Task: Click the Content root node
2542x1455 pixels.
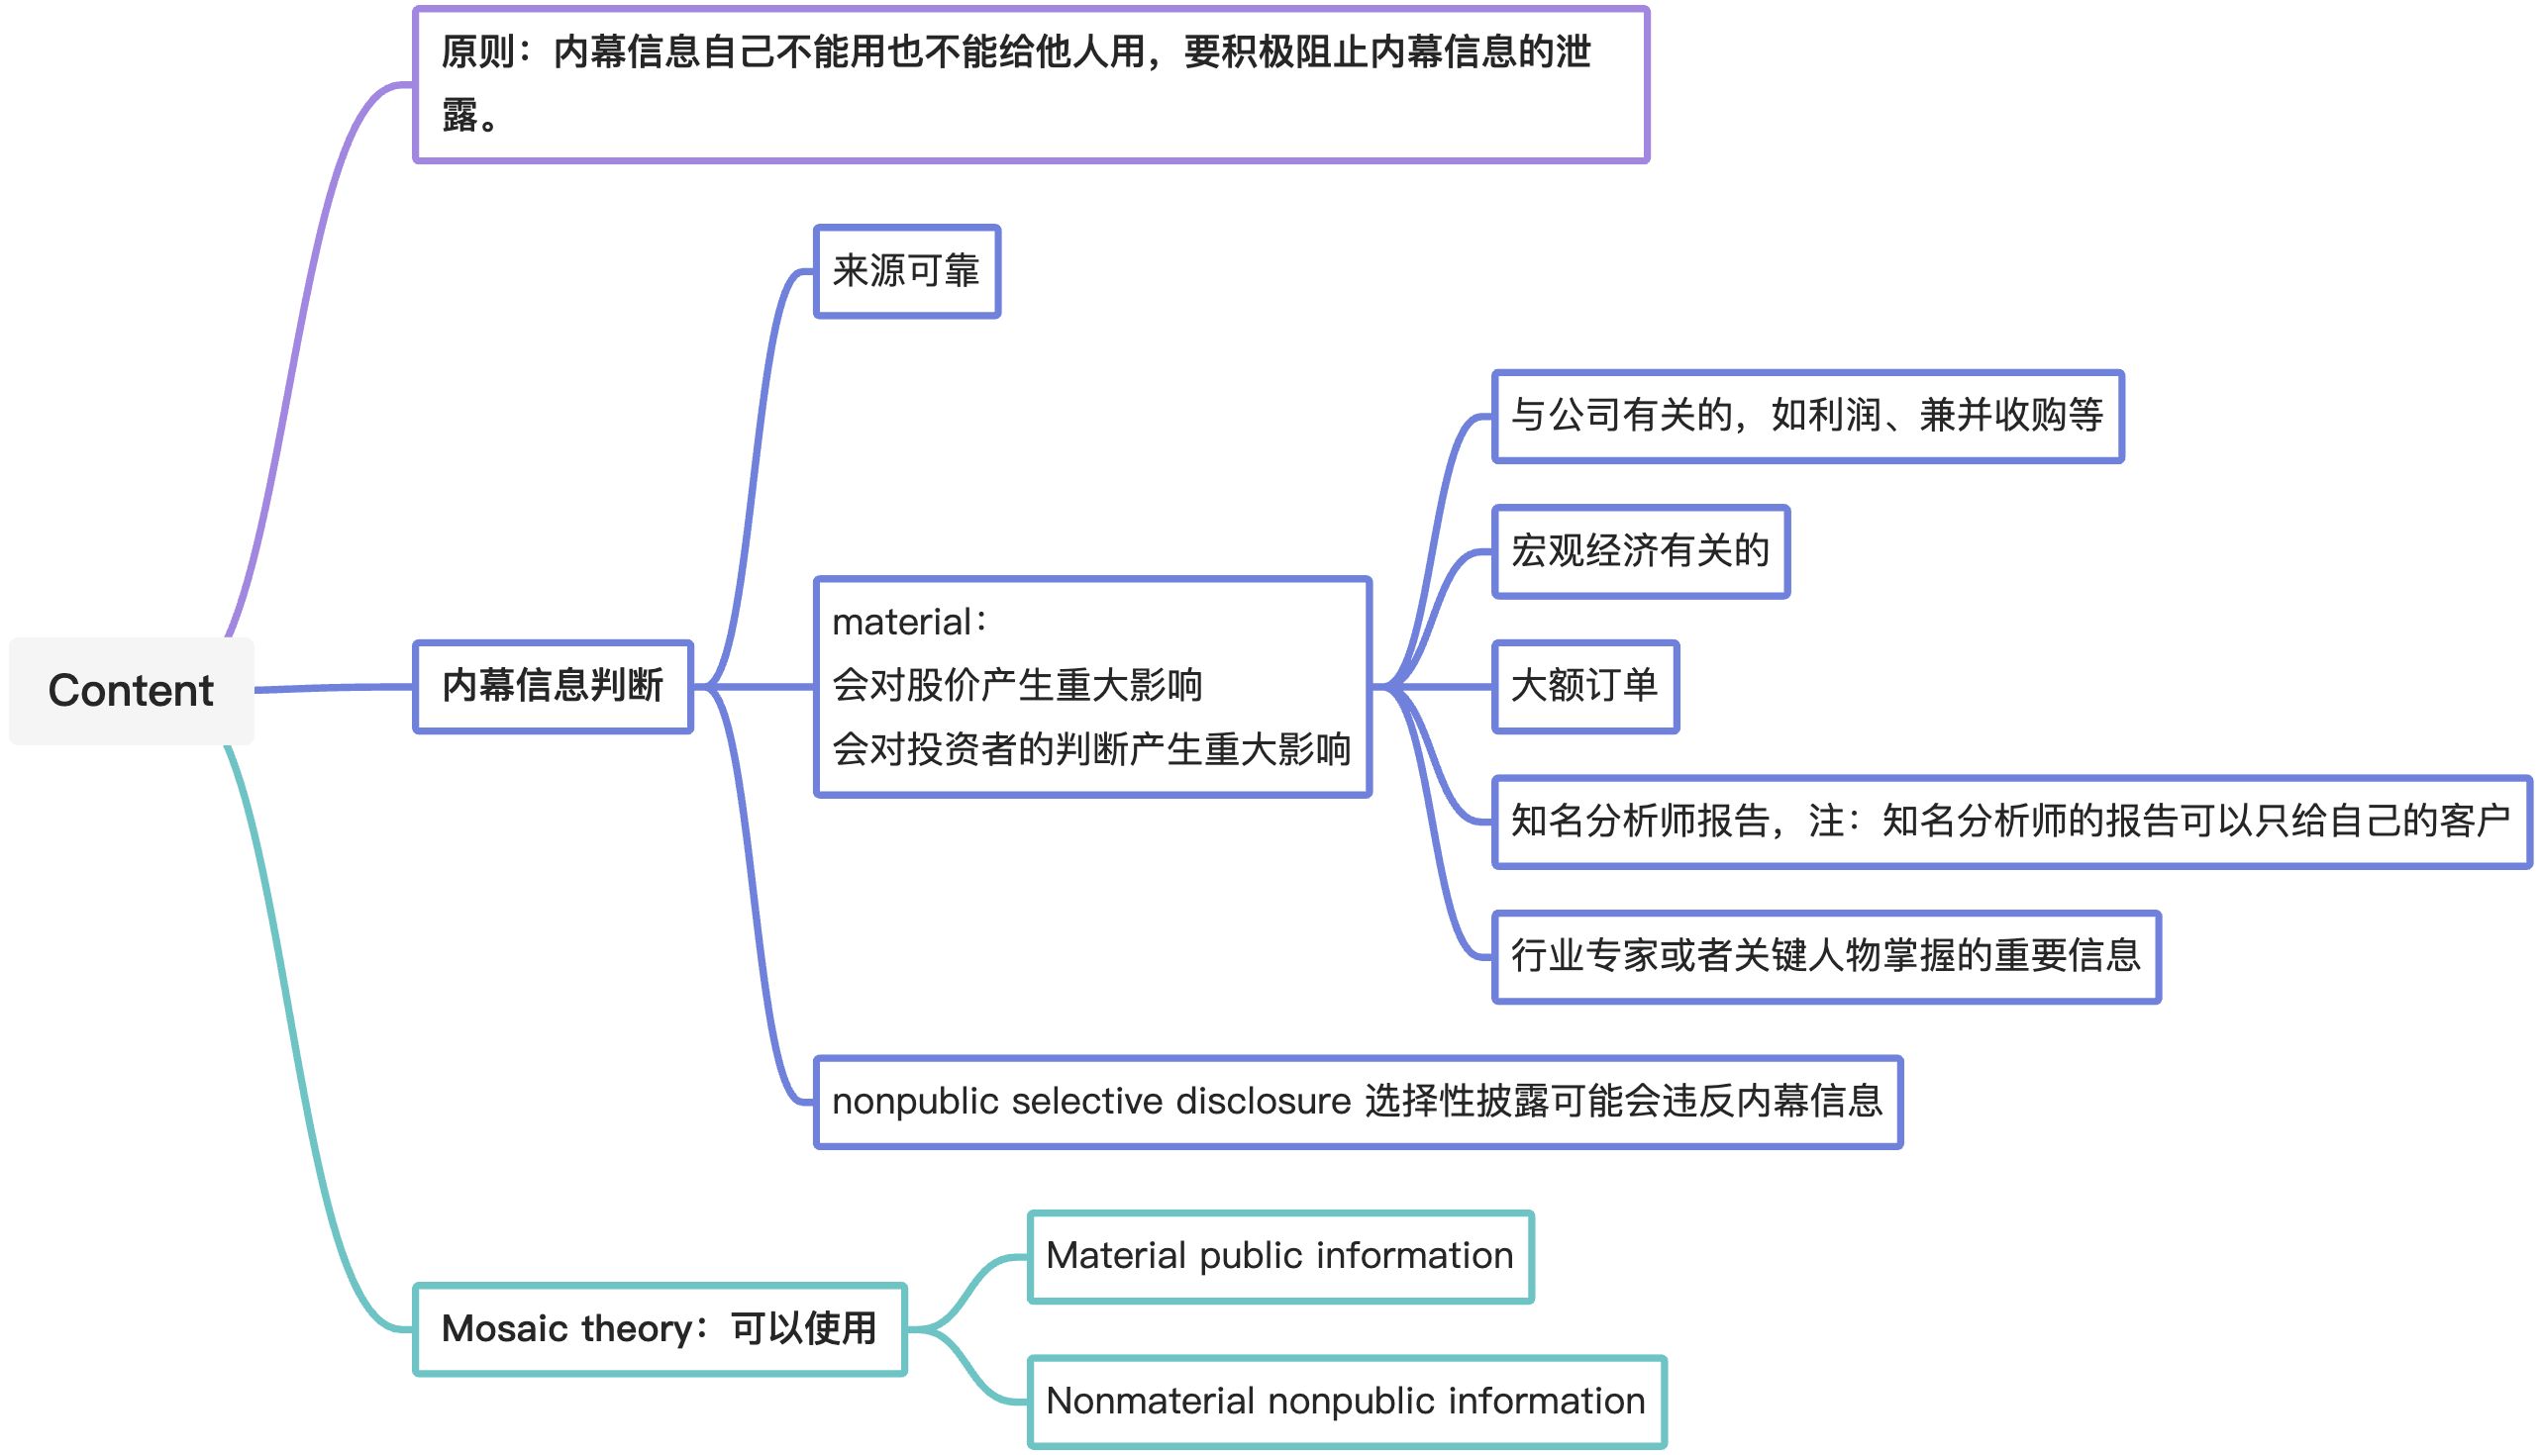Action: pos(131,691)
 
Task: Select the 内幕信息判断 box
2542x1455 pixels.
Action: pos(553,687)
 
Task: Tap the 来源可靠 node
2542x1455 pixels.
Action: pos(907,272)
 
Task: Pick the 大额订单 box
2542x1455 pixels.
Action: pos(1584,687)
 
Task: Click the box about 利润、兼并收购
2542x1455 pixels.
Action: pos(1806,416)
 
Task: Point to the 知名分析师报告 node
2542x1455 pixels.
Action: pos(2010,822)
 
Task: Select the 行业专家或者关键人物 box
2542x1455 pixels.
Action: pos(1825,956)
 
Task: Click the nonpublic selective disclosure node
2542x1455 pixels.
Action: pos(1358,1103)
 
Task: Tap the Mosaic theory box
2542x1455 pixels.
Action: pos(660,1329)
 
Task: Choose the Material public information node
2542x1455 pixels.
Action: pos(1279,1256)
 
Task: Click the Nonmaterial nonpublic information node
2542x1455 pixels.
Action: pos(1346,1401)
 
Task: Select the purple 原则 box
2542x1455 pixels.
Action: pos(1030,85)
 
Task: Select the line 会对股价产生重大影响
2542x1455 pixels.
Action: pos(1018,687)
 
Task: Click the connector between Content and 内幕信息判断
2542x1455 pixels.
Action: pos(335,688)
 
